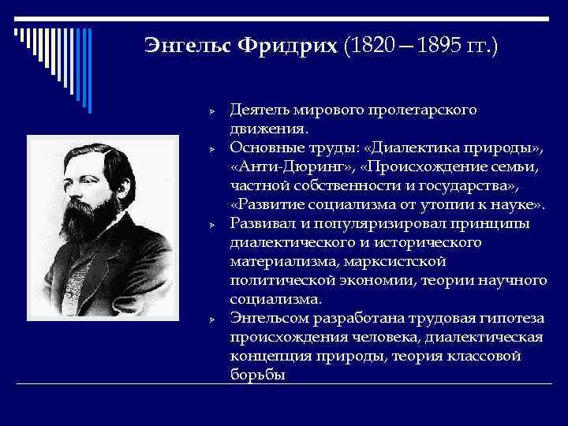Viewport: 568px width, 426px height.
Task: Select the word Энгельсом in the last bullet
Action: [269, 319]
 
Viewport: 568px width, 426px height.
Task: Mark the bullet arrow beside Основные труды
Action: [211, 149]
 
